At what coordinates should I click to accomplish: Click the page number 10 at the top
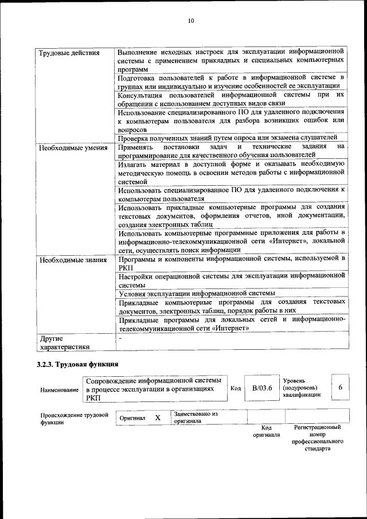click(191, 21)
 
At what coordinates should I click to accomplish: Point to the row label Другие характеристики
click(64, 342)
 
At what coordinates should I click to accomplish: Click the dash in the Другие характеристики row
click(120, 338)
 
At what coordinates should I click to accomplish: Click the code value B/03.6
click(261, 388)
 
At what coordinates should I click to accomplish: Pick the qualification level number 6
click(340, 388)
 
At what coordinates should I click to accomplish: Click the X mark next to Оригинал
click(157, 418)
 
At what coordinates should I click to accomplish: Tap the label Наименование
click(60, 390)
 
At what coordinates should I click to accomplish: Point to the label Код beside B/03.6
click(235, 388)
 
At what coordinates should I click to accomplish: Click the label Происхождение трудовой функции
click(74, 418)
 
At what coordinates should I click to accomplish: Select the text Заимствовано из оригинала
click(196, 417)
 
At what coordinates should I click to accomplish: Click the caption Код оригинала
click(266, 431)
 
